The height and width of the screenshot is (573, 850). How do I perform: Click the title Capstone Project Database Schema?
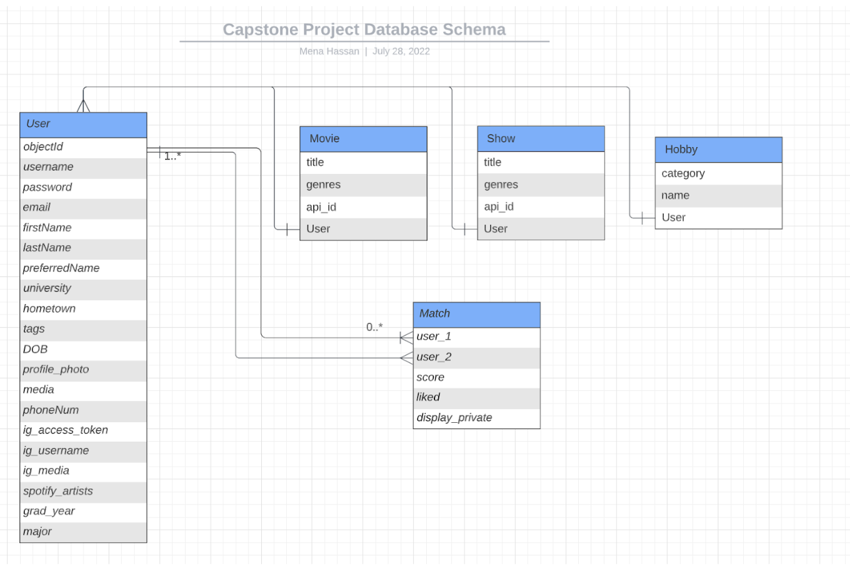click(364, 30)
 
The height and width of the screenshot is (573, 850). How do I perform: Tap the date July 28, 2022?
click(401, 52)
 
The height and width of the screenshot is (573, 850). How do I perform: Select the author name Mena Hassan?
click(329, 52)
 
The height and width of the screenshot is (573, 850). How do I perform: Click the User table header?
click(83, 124)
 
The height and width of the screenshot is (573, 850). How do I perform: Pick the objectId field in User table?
click(43, 147)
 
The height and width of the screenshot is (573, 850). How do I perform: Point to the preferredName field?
click(61, 268)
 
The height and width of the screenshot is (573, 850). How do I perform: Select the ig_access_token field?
click(65, 430)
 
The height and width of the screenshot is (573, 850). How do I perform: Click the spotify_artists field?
click(58, 491)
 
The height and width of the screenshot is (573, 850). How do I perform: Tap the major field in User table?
click(38, 532)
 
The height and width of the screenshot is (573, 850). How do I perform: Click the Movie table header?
click(363, 139)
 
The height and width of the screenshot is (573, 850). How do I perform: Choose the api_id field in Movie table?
click(321, 207)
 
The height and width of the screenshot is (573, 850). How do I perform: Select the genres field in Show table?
click(501, 185)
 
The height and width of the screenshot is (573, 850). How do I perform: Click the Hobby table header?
click(718, 150)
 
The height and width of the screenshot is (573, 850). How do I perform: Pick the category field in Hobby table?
click(683, 173)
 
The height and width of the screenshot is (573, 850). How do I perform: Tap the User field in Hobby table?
click(674, 218)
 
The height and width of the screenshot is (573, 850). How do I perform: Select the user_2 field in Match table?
click(434, 357)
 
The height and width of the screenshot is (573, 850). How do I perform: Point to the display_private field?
click(454, 418)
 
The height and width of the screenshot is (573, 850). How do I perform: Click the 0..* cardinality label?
click(375, 327)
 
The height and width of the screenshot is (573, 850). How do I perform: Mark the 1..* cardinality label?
click(173, 156)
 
